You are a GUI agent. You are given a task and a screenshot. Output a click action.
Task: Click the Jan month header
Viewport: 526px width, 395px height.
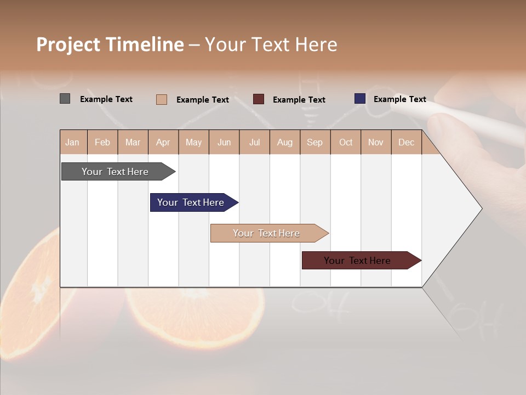(x=72, y=142)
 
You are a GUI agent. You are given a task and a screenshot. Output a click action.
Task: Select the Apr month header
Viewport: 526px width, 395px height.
(x=163, y=142)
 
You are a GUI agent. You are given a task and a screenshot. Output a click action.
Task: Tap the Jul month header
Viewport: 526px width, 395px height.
(x=254, y=142)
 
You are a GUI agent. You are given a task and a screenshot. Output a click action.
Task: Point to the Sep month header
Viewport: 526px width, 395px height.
(x=315, y=142)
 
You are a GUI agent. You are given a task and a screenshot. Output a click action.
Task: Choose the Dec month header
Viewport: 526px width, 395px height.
(x=406, y=142)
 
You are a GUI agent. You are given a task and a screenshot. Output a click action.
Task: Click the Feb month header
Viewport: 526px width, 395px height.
(x=102, y=142)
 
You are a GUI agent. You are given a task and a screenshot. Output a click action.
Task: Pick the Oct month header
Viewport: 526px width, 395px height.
(x=346, y=142)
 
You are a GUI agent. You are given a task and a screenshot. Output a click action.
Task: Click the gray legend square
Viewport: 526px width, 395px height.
(x=65, y=99)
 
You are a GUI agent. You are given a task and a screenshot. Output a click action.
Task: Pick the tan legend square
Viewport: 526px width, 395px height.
(x=161, y=99)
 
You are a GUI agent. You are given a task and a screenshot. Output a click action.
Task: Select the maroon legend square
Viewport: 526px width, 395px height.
(x=258, y=99)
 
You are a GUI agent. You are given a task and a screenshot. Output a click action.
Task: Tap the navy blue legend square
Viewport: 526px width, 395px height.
(x=359, y=99)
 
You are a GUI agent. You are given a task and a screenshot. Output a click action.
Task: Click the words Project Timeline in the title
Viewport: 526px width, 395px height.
(x=110, y=44)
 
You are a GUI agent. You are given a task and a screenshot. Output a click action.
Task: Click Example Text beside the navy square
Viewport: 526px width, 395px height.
(x=399, y=99)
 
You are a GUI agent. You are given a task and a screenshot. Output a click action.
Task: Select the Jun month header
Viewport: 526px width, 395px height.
(x=224, y=142)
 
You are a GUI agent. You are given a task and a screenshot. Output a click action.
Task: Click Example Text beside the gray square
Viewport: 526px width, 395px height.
(x=106, y=99)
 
